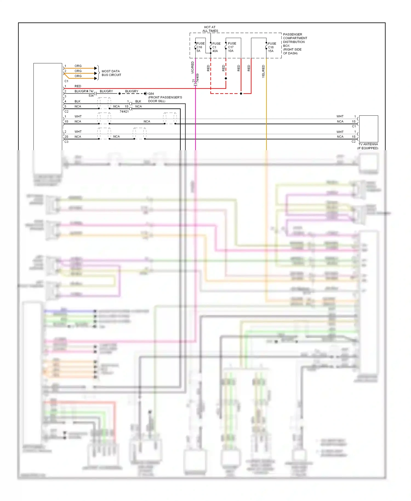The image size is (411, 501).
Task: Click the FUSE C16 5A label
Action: pyautogui.click(x=200, y=47)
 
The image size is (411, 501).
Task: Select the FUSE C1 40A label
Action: pyautogui.click(x=216, y=47)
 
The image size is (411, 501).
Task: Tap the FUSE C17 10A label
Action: pyautogui.click(x=232, y=47)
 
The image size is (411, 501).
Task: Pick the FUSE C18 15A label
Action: pyautogui.click(x=272, y=47)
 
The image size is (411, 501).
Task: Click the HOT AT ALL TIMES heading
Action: pyautogui.click(x=210, y=29)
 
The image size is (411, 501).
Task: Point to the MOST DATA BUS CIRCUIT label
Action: pyautogui.click(x=111, y=73)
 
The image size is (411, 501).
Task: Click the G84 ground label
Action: pyautogui.click(x=151, y=94)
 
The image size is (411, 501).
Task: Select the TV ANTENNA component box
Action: pyautogui.click(x=368, y=129)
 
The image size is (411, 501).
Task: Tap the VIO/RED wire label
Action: pyautogui.click(x=193, y=67)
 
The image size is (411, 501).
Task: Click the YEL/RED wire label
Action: pyautogui.click(x=263, y=71)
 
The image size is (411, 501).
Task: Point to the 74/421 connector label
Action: pyautogui.click(x=124, y=112)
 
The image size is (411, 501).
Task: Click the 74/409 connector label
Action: pyautogui.click(x=198, y=78)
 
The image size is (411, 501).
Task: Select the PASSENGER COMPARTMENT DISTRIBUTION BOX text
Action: pyautogui.click(x=295, y=44)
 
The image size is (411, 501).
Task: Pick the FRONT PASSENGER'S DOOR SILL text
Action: pyautogui.click(x=165, y=99)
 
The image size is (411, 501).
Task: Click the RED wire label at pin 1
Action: pyautogui.click(x=78, y=86)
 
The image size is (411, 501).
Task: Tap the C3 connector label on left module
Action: pyautogui.click(x=66, y=142)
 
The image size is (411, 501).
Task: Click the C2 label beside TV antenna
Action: pyautogui.click(x=353, y=142)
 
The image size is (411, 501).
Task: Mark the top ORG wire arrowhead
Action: pyautogui.click(x=96, y=68)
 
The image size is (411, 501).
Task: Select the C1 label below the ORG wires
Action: pyautogui.click(x=66, y=81)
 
